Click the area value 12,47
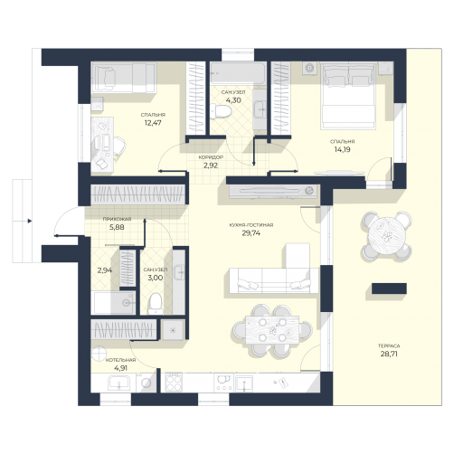point(153,123)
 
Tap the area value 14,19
point(342,149)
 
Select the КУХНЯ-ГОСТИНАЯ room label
point(251,225)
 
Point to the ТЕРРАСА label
point(389,345)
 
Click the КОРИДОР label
point(211,157)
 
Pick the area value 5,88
point(117,227)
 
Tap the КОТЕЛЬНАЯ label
point(120,360)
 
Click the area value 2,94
point(105,270)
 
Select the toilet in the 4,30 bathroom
point(221,111)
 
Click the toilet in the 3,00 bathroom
point(156,304)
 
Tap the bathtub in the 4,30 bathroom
point(238,73)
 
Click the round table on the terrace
point(386,236)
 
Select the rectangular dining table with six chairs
point(272,330)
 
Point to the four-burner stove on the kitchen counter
point(174,383)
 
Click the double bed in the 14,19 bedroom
point(348,96)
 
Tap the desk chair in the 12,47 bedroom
point(119,146)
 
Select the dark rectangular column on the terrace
point(389,288)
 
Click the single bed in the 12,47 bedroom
point(124,78)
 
